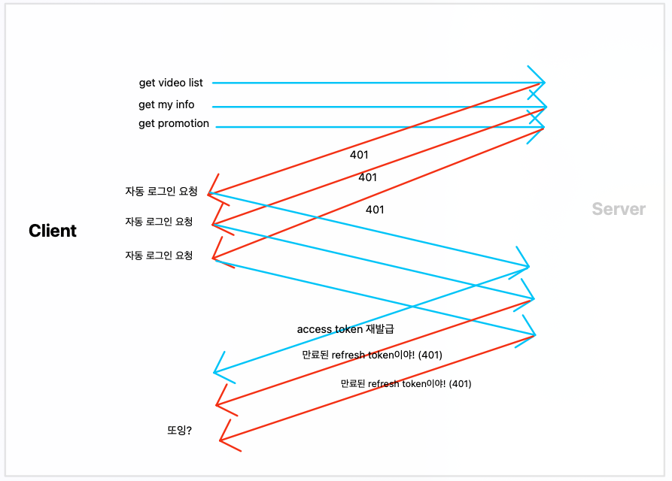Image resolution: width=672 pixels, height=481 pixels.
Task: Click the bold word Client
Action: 53,231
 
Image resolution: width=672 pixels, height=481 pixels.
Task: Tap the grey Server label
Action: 619,209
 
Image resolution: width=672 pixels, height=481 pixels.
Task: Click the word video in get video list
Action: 172,83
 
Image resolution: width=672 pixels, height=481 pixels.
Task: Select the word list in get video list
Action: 196,83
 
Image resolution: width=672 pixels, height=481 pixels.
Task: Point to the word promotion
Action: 184,124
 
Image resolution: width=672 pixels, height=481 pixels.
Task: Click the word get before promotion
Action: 147,124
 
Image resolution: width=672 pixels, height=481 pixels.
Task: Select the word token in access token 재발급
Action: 349,329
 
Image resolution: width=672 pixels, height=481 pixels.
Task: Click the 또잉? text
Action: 179,431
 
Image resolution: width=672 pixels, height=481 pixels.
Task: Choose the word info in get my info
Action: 185,105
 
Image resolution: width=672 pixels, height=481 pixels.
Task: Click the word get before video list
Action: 147,83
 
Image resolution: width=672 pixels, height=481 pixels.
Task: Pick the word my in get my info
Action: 166,105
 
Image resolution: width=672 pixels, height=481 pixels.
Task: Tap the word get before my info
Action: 147,105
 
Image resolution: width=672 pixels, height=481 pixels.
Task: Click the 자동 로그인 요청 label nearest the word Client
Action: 159,222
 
